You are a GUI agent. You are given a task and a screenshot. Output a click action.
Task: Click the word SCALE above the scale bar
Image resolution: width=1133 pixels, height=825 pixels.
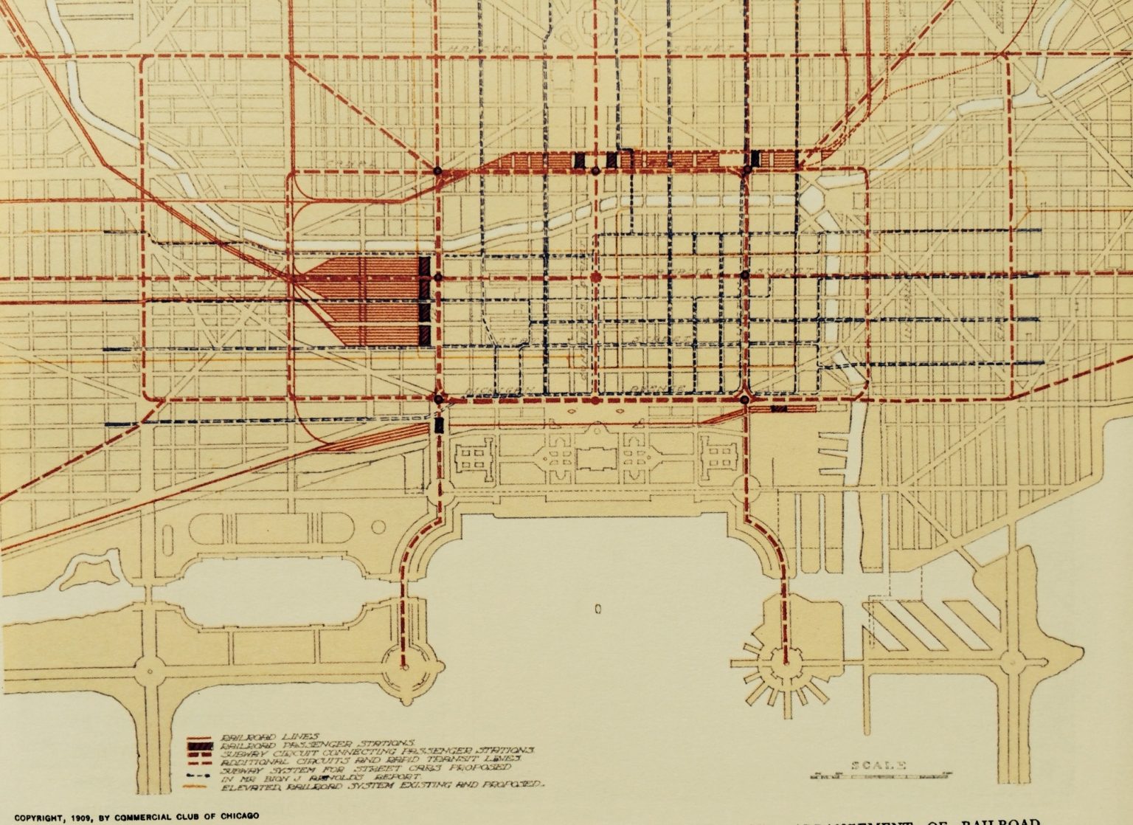tap(879, 766)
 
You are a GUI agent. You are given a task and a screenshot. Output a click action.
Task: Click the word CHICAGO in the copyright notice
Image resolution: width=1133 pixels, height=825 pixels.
tap(234, 816)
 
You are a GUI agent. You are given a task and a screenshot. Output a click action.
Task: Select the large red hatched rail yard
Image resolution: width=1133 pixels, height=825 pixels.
tap(361, 300)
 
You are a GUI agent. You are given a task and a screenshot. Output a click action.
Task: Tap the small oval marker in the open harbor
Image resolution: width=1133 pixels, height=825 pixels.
tap(597, 609)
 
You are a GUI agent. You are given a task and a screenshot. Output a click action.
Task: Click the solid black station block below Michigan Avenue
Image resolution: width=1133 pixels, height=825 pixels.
tap(439, 425)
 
